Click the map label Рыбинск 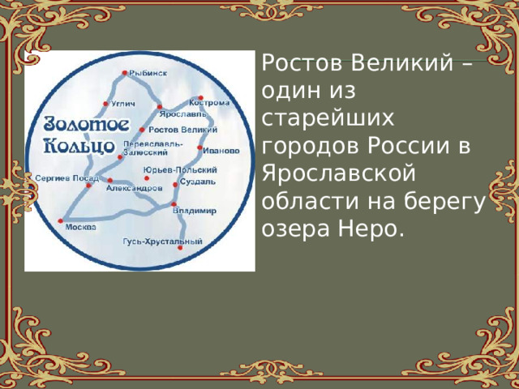[149, 74]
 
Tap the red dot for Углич [106, 104]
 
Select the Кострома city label [209, 104]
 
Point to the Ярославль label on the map [177, 114]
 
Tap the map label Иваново [221, 150]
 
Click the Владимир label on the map [195, 211]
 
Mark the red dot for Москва [61, 220]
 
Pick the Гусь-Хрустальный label [162, 242]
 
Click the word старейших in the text [328, 118]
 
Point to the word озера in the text [294, 230]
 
